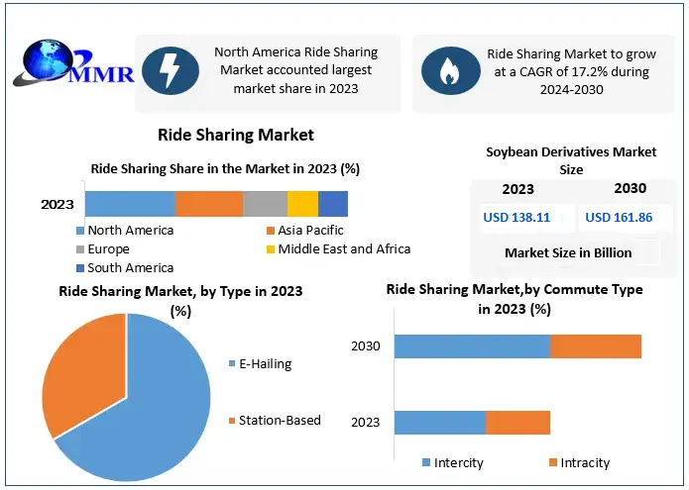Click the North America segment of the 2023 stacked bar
(130, 204)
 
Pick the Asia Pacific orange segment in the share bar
(209, 204)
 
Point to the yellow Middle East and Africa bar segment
(302, 204)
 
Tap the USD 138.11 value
(516, 218)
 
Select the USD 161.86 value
(619, 218)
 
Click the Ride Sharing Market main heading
(236, 135)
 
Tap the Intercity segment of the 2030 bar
(472, 346)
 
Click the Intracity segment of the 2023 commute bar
(517, 423)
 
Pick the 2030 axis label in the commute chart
(366, 346)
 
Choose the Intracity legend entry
(584, 462)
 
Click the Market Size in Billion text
(568, 252)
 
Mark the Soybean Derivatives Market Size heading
(571, 160)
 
